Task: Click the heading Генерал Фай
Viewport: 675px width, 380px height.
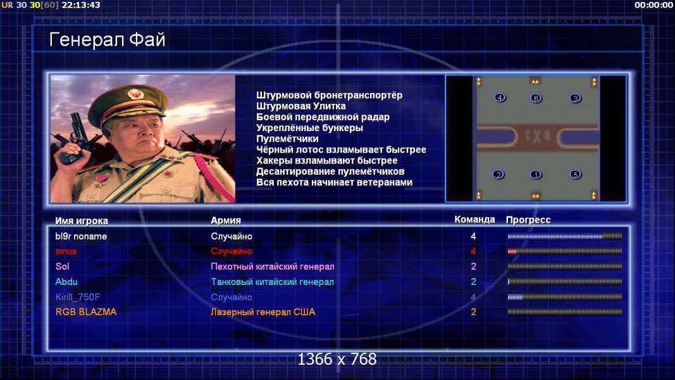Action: [107, 40]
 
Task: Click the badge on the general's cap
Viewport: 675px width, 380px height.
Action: [135, 94]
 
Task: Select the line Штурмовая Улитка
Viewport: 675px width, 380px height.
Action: [301, 106]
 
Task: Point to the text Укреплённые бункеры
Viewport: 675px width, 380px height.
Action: [309, 128]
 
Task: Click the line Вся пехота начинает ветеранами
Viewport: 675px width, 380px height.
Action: [335, 182]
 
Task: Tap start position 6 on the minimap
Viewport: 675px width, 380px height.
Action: [536, 98]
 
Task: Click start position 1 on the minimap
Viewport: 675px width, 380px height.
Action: [536, 175]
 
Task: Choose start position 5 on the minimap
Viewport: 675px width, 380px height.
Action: [576, 175]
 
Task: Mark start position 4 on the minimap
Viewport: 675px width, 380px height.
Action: [500, 98]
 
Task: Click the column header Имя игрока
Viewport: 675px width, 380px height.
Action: [82, 220]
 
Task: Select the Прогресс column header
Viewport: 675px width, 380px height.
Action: [528, 220]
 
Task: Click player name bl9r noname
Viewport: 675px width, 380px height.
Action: [81, 236]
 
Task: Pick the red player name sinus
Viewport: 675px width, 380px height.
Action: [66, 251]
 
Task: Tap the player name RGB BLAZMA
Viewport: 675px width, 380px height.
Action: [86, 312]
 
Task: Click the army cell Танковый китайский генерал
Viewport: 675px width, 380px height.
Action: [272, 282]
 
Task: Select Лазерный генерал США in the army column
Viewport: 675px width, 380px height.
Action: [263, 312]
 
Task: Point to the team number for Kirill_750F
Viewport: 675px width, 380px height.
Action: [473, 297]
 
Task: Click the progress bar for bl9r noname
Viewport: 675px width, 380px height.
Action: [565, 236]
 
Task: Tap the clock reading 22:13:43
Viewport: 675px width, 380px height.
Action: [81, 5]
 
